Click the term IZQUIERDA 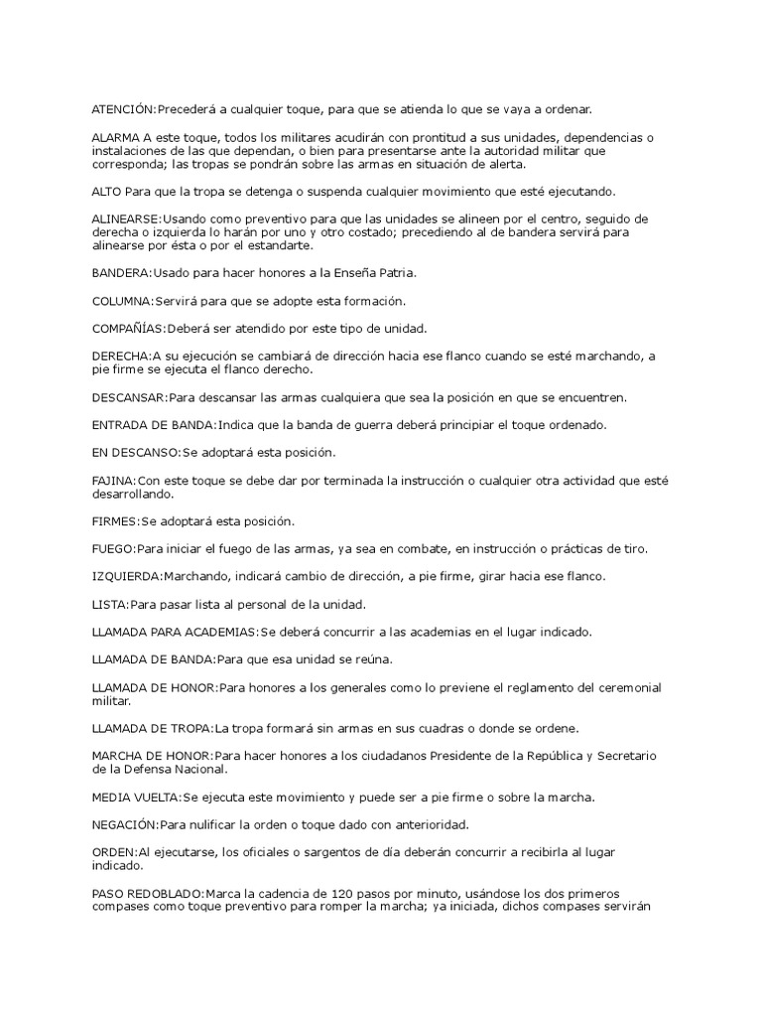(125, 577)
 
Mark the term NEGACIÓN (124, 825)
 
